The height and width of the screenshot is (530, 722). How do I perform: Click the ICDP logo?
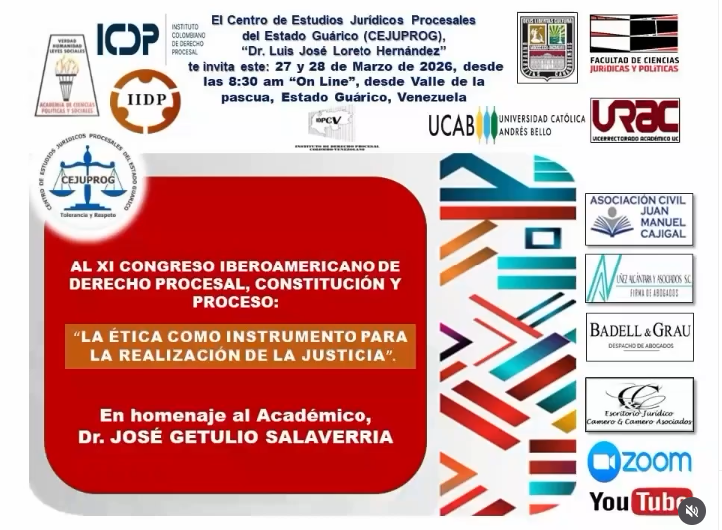click(128, 39)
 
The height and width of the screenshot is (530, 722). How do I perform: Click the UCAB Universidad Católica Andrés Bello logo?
click(506, 124)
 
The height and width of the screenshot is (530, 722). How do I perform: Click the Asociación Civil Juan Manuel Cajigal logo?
click(639, 219)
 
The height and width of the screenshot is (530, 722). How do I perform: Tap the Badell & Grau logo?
click(639, 337)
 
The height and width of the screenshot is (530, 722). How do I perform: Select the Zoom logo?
click(640, 461)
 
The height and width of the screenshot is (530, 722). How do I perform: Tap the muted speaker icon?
click(692, 511)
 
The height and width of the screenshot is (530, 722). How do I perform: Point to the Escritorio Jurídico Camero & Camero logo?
click(639, 404)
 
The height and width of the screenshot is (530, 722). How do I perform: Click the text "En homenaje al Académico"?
click(235, 415)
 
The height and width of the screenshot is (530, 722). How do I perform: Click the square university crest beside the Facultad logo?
click(547, 47)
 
